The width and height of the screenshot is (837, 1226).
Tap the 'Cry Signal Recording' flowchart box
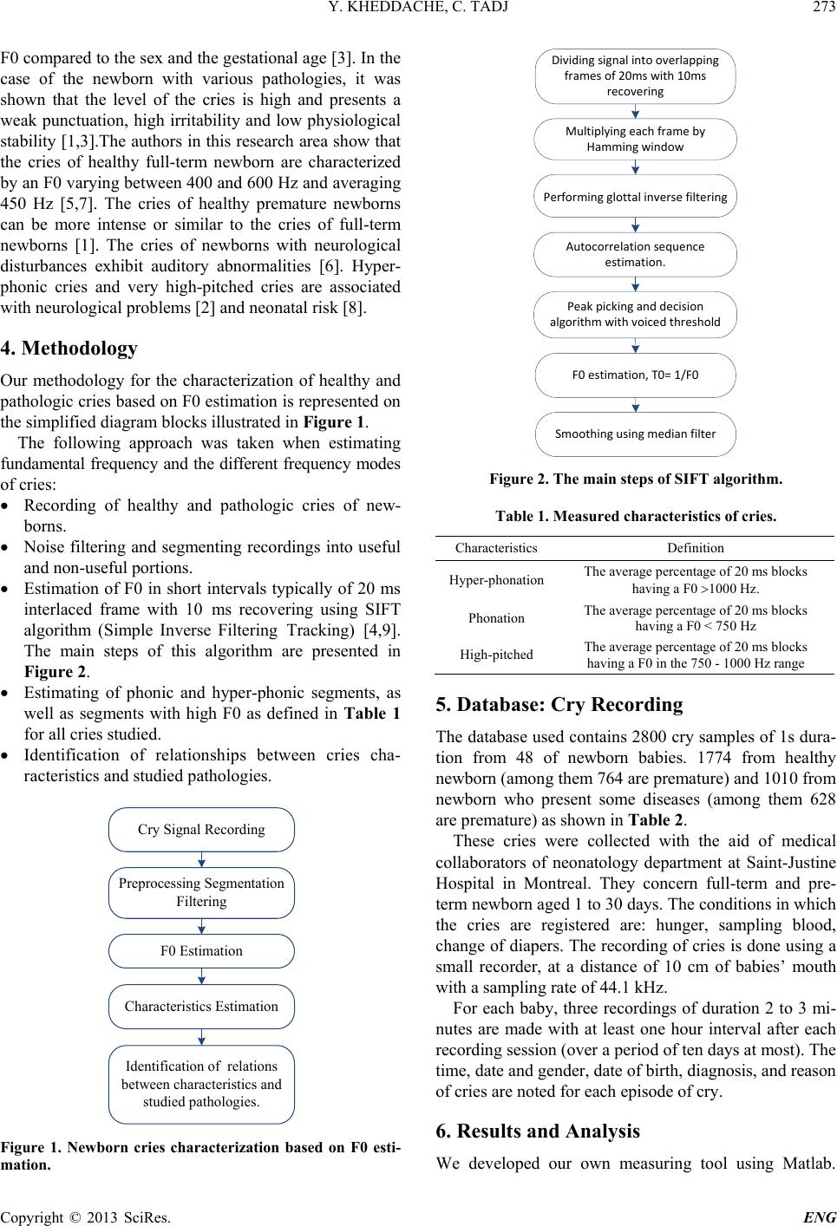(201, 830)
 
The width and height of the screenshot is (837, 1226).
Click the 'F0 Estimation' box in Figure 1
(201, 950)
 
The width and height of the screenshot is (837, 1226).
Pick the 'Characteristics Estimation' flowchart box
(201, 1007)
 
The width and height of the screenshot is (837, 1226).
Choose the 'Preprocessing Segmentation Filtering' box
(201, 892)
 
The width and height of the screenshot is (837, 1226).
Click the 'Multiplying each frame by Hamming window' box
(635, 139)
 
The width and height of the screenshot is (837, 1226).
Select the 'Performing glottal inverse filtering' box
(635, 197)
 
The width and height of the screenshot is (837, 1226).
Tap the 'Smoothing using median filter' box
(635, 434)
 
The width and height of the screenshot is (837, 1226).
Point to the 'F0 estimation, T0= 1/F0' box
(635, 375)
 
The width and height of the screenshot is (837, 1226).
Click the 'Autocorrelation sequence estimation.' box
(635, 254)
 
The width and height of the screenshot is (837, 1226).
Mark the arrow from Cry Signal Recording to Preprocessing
(201, 859)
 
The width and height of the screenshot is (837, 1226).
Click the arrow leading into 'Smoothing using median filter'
(635, 405)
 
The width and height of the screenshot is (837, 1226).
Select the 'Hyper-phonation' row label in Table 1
(497, 579)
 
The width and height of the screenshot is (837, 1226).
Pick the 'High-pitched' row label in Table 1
(497, 655)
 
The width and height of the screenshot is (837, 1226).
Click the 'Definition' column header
(696, 548)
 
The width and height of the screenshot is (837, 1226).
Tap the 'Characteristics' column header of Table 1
(496, 548)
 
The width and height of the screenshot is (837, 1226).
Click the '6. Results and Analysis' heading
(537, 1131)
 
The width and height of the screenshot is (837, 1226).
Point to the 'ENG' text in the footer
(821, 1216)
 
